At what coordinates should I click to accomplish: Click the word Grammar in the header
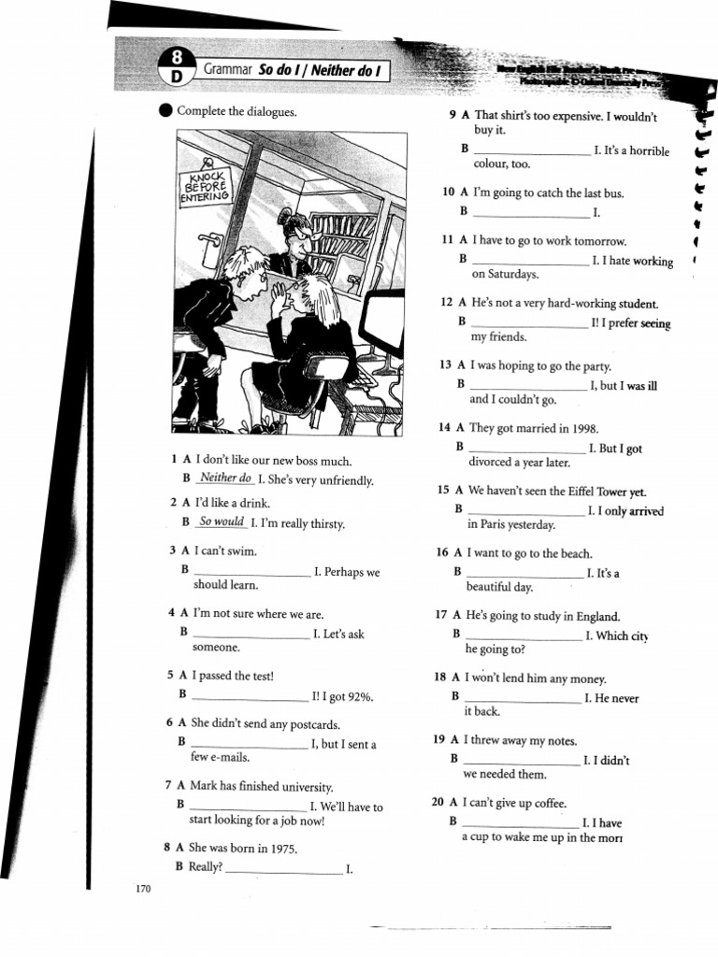pos(229,70)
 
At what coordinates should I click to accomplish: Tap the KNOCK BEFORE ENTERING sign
pos(205,187)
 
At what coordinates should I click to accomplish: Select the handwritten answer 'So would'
pos(222,522)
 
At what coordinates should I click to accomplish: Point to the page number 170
pos(143,889)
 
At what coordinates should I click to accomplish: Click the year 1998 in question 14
pos(581,428)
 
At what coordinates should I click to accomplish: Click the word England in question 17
pos(598,616)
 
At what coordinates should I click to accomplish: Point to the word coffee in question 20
pos(548,804)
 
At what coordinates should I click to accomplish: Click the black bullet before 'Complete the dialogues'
pos(165,112)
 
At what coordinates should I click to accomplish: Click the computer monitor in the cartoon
pos(382,322)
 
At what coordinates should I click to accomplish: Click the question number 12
pos(446,304)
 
